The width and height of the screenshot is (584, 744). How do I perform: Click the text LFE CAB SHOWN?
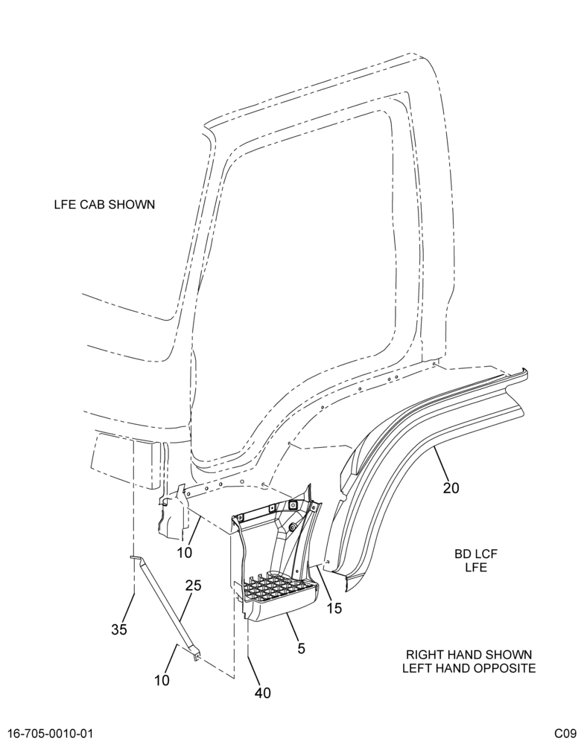104,205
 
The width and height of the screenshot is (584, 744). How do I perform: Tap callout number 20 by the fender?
451,488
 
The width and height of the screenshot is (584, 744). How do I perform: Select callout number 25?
193,586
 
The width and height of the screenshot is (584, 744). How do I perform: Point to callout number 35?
119,629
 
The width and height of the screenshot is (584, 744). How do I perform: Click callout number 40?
262,693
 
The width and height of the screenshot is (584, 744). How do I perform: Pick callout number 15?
334,609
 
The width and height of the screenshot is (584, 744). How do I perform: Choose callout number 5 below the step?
301,649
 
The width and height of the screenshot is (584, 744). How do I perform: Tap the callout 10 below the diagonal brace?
162,681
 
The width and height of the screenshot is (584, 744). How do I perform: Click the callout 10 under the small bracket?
185,552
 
